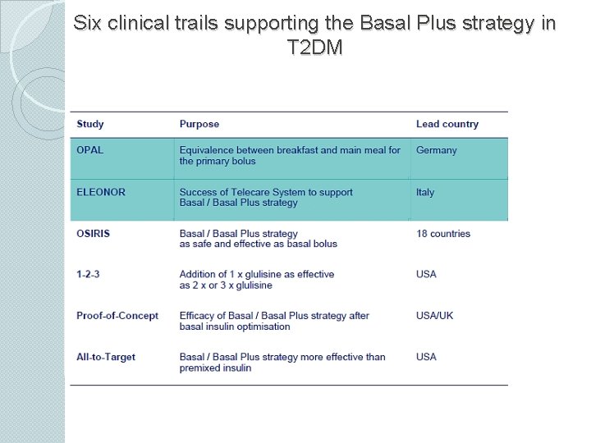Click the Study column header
pos(90,125)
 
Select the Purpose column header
pos(199,125)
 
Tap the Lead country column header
pos(447,125)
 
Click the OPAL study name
pos(90,150)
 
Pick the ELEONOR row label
pos(101,192)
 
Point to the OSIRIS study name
pos(93,234)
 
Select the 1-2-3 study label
pos(88,274)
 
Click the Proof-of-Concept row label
pos(117,316)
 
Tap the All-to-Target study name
pos(106,357)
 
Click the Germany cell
pos(437,150)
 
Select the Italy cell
pos(425,192)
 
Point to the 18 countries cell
pos(443,234)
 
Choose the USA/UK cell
pos(434,316)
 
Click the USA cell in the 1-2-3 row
pos(427,274)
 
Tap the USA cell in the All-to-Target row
pos(427,357)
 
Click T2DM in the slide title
pos(315,48)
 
